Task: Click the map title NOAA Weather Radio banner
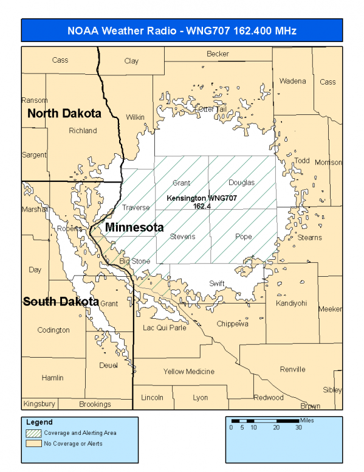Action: click(182, 30)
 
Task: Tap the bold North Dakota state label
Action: click(64, 113)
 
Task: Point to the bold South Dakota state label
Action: click(61, 301)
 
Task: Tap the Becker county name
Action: click(218, 54)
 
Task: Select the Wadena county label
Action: click(292, 81)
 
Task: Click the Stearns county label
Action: click(309, 237)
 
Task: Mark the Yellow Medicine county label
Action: click(188, 371)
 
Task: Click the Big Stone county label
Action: click(134, 261)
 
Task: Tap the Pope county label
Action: click(243, 236)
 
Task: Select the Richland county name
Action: click(83, 130)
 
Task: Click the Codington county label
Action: click(53, 330)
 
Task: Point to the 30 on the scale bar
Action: click(298, 428)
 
